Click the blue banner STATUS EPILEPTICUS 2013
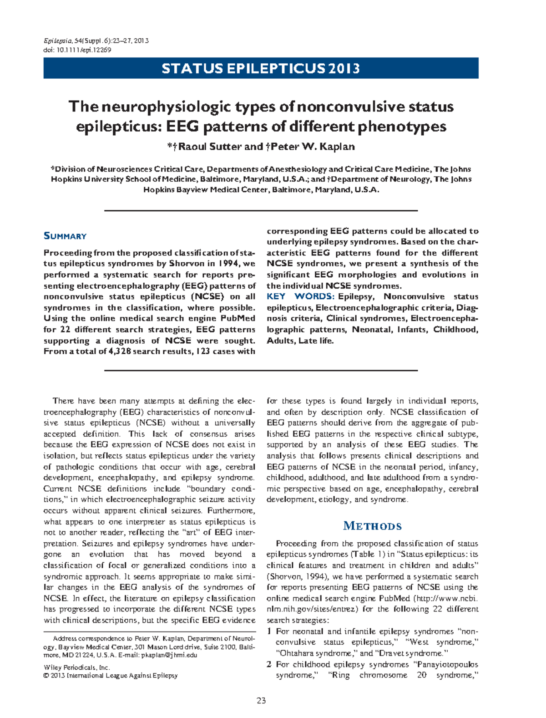261,68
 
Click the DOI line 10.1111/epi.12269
77,50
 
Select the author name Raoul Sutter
210,147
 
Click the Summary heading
65,236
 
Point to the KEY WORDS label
300,297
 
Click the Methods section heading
372,526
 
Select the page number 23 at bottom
261,701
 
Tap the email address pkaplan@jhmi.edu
169,655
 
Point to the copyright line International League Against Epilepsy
122,676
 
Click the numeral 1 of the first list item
269,631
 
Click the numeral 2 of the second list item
269,665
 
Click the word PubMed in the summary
238,319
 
